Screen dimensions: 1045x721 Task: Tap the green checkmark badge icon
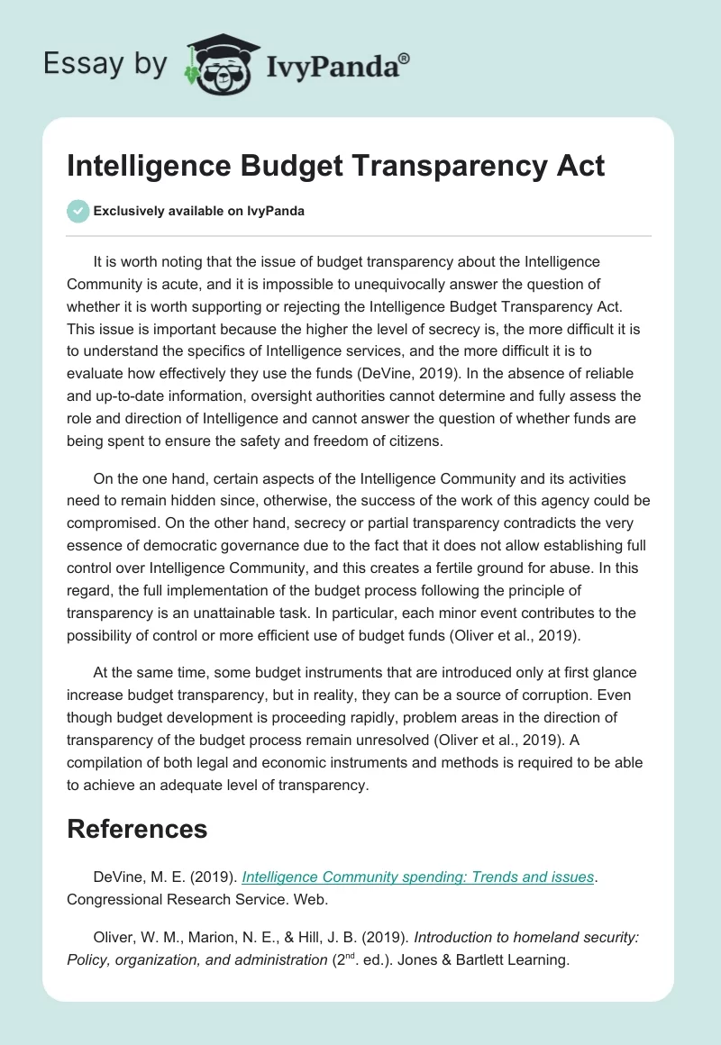[x=78, y=212]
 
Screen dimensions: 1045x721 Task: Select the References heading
[x=137, y=829]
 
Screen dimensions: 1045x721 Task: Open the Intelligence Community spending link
[x=418, y=877]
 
